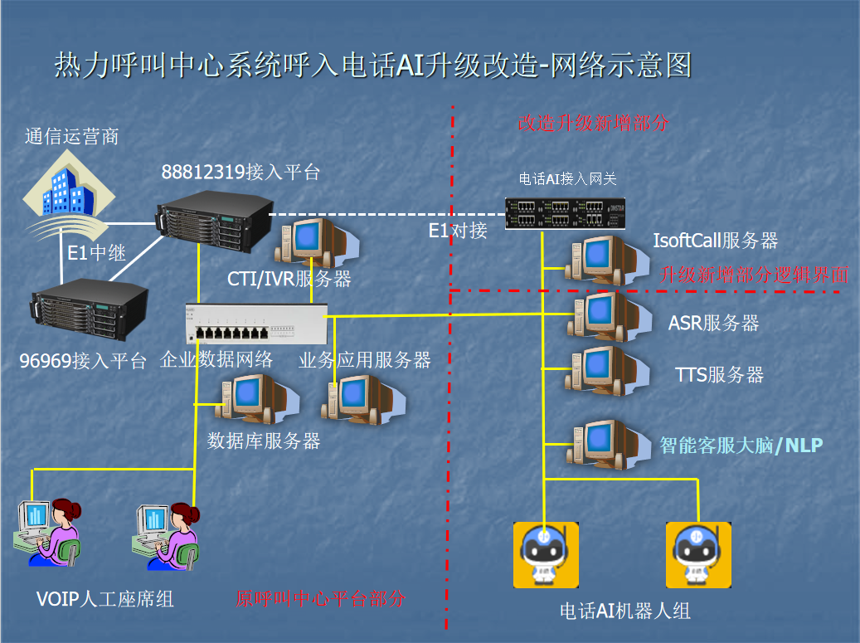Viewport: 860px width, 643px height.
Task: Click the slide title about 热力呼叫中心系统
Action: (373, 66)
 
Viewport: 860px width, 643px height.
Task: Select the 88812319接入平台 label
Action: (241, 173)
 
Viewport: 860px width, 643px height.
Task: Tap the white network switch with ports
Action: (257, 324)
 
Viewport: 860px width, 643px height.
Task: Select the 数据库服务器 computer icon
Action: (249, 400)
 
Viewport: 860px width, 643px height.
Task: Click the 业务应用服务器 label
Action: (365, 360)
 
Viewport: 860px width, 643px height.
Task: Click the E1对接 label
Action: (458, 231)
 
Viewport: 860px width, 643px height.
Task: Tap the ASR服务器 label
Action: (714, 323)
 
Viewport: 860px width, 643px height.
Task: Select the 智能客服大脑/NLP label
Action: (741, 446)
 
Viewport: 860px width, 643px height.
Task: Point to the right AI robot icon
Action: (697, 554)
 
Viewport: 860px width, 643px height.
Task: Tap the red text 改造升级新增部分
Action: (593, 123)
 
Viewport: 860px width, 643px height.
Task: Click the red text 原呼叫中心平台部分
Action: (322, 598)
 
